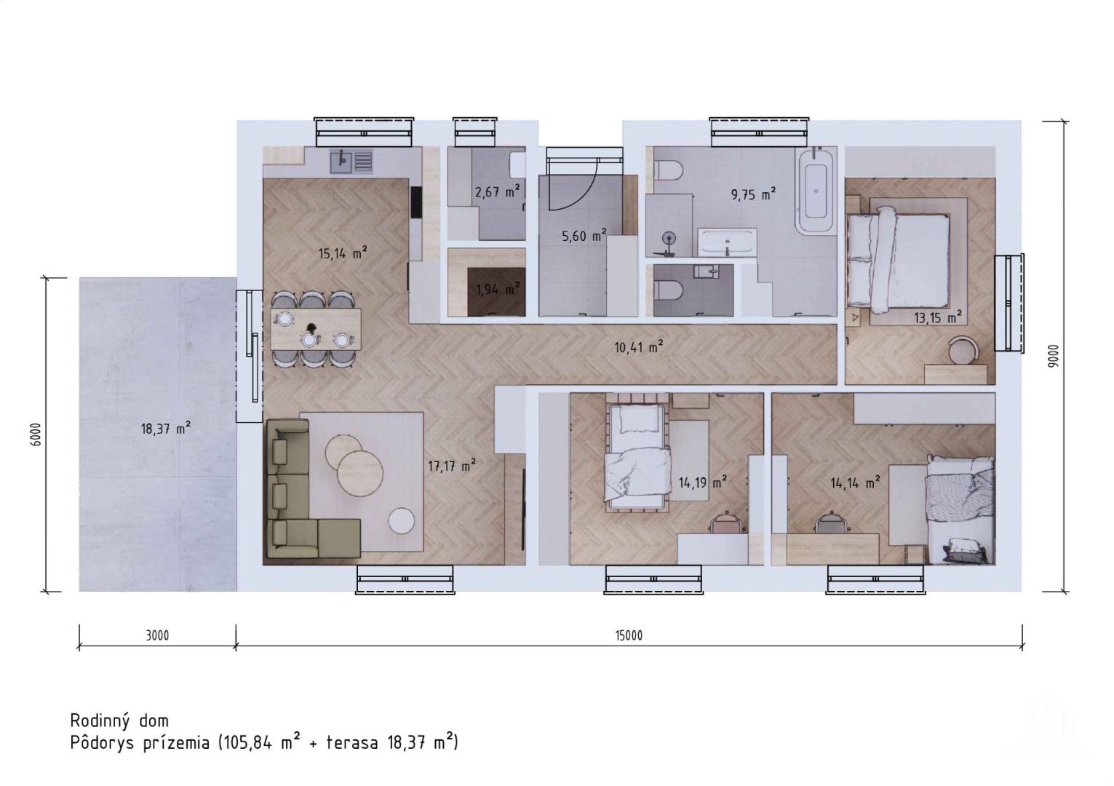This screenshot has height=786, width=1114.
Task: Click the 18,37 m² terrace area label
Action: (166, 428)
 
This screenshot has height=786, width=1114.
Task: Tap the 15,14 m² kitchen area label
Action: (343, 253)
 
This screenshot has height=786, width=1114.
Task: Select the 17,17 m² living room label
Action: (452, 466)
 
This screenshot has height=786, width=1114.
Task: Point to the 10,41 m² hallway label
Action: (639, 346)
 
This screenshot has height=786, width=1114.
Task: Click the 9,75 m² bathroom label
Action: (753, 194)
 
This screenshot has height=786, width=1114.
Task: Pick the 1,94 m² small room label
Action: (498, 288)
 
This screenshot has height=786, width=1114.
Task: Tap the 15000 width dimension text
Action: (629, 635)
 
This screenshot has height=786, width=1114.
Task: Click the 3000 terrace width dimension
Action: (157, 635)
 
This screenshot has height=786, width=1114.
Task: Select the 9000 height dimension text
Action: (1054, 356)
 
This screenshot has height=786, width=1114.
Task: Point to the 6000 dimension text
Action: (36, 434)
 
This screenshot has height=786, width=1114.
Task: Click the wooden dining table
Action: (316, 329)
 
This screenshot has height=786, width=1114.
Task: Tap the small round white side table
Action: (402, 521)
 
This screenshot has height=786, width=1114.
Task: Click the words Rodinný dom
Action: (119, 720)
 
